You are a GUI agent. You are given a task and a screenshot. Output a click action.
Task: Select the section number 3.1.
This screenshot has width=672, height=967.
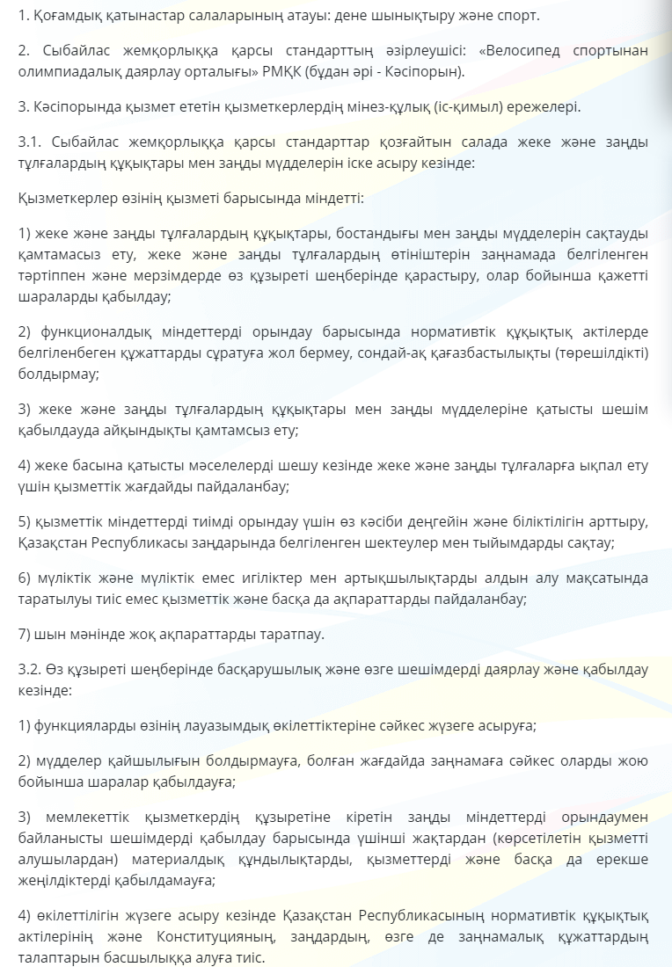(29, 142)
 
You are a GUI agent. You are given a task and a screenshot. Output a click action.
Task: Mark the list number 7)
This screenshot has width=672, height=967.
(26, 633)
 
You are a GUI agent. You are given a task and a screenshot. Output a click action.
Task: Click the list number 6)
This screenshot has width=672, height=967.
(26, 578)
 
